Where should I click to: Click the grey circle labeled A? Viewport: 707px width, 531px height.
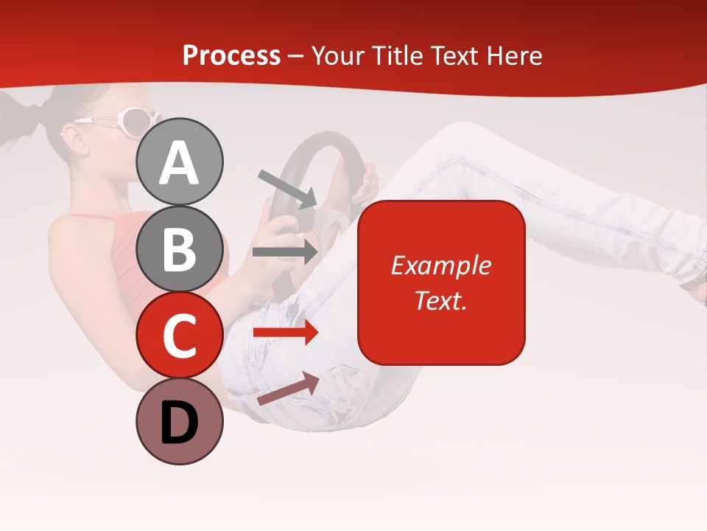[x=180, y=162]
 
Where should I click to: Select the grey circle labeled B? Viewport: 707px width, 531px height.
[x=180, y=249]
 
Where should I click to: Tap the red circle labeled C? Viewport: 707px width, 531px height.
[x=180, y=336]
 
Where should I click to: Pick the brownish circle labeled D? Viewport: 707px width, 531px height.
[x=180, y=422]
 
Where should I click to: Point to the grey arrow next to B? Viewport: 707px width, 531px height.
[x=286, y=251]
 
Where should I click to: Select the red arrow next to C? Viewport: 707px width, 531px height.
[x=286, y=333]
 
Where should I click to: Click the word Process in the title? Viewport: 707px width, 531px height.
[x=231, y=55]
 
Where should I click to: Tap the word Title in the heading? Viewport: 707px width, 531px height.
[x=398, y=55]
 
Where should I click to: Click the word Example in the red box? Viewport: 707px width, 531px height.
[x=440, y=265]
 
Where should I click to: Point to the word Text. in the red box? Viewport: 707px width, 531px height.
[x=440, y=300]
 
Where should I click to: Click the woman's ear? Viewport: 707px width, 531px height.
[x=71, y=137]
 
